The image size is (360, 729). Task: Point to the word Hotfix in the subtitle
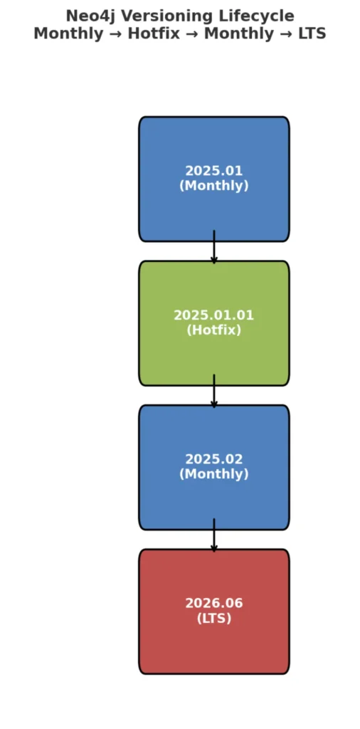coord(153,33)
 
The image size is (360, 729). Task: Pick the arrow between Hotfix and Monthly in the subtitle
coord(192,34)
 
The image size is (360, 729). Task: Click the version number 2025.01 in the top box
coord(213,171)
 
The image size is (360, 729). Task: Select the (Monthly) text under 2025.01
coord(213,186)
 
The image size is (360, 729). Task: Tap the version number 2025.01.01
coord(213,315)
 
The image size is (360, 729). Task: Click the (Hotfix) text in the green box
coord(213,330)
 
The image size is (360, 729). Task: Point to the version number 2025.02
coord(213,459)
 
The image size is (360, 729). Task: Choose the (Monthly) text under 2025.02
coord(213,474)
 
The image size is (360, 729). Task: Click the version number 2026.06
coord(213,604)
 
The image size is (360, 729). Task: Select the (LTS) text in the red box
coord(213,619)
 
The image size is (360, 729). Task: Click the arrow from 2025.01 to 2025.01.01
coord(213,247)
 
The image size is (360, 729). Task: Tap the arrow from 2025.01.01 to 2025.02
coord(213,391)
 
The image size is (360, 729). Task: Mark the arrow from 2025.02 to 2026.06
coord(213,535)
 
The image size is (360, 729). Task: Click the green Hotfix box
coord(213,323)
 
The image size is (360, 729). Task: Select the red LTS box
coord(213,612)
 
